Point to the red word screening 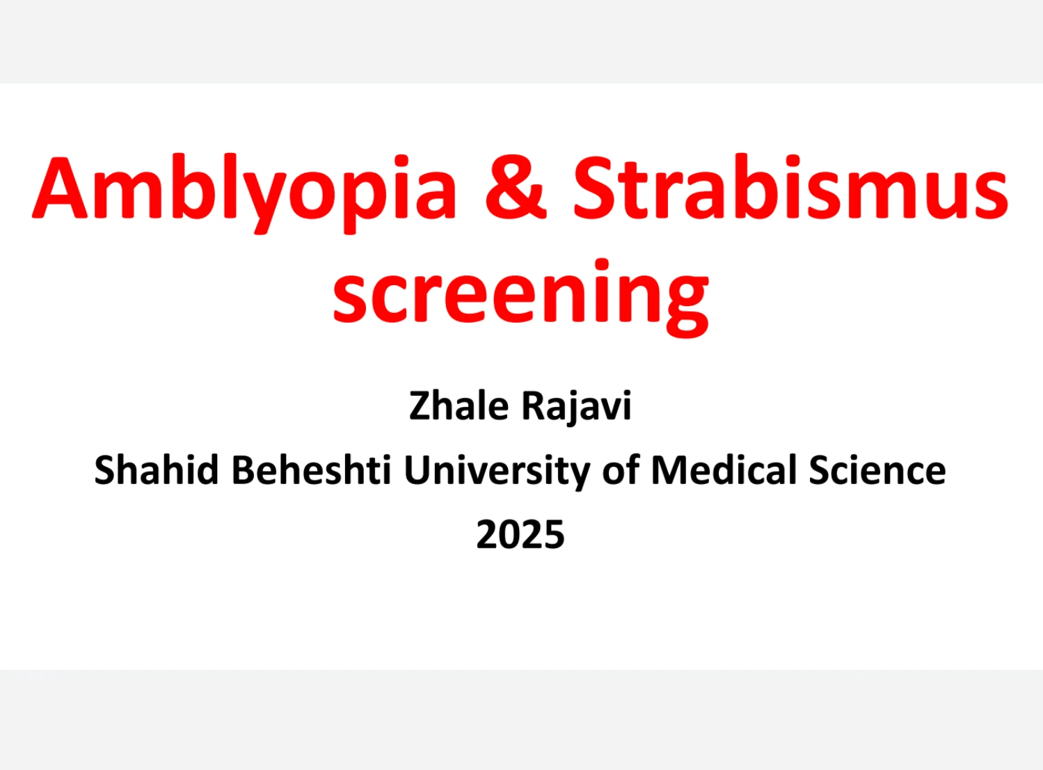(520, 295)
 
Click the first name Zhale (459, 406)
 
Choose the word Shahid (157, 470)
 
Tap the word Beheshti (311, 470)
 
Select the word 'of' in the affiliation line (621, 470)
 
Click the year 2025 (520, 535)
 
